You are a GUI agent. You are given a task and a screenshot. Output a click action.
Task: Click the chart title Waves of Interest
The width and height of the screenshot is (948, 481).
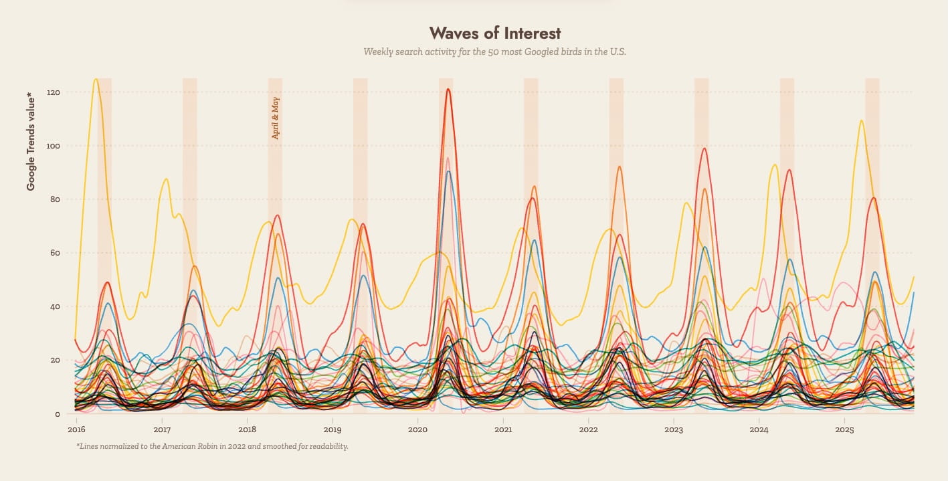[x=494, y=33]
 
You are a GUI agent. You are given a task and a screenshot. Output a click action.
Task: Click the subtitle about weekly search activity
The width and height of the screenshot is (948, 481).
[x=494, y=52]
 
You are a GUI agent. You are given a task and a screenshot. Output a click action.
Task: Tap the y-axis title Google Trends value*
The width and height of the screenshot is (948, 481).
[x=31, y=140]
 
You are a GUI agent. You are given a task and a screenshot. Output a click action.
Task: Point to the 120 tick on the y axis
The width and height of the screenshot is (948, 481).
[x=54, y=92]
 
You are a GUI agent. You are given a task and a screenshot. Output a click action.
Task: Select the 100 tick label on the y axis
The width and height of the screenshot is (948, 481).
[x=54, y=146]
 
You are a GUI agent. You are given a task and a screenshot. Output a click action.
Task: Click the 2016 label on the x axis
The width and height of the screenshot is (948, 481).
[x=76, y=429]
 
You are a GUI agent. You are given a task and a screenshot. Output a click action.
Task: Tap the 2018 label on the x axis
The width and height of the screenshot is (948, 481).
[x=247, y=429]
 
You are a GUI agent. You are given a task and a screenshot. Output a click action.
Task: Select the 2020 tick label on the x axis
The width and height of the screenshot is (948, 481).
[x=417, y=429]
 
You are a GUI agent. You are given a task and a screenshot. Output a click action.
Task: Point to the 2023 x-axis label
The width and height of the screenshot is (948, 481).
[x=674, y=429]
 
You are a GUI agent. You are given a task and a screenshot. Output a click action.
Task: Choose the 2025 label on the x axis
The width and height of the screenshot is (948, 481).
[x=844, y=429]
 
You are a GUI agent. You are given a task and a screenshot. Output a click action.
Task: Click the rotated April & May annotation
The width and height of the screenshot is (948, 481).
[x=276, y=118]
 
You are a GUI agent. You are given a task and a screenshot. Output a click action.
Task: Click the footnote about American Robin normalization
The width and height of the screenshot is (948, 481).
[x=212, y=446]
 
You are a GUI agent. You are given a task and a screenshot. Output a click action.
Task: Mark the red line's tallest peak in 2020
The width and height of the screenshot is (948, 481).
[x=448, y=89]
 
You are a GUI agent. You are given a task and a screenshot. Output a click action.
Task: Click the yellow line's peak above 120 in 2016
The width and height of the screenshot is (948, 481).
[x=96, y=79]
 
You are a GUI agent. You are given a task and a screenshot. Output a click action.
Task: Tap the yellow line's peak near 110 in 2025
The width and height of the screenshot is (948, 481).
[x=861, y=120]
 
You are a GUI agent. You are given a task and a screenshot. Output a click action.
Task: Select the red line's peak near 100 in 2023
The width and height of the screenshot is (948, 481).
[x=704, y=149]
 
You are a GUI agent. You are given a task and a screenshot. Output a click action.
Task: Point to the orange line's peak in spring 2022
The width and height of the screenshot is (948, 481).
[x=620, y=167]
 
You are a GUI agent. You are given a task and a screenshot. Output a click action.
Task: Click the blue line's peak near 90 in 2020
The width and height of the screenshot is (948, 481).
[x=448, y=172]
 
